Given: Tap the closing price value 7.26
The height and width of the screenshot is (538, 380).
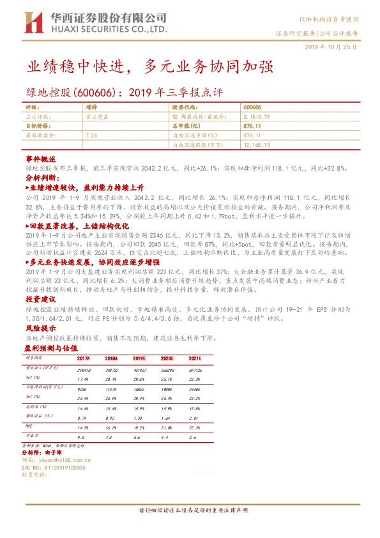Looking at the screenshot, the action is (x=91, y=136).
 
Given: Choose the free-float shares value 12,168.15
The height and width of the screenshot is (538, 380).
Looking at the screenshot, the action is (x=258, y=145).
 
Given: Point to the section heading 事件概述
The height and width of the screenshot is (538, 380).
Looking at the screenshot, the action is (x=41, y=157).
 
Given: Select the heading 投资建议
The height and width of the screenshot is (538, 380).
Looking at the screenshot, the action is (x=41, y=299).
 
